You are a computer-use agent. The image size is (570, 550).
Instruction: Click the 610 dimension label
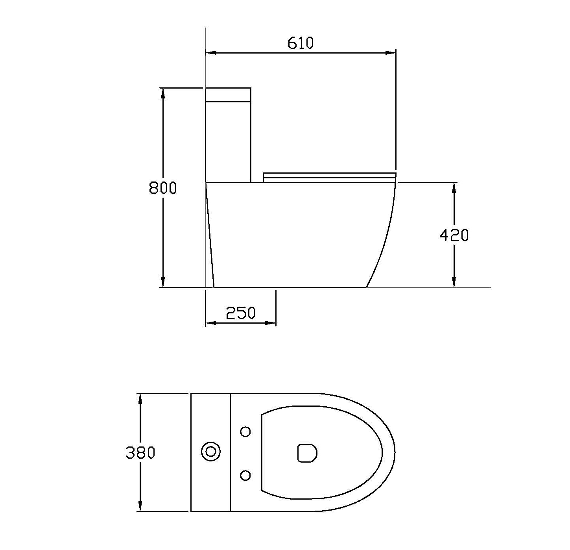[x=301, y=43]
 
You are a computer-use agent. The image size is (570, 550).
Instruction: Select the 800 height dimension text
[x=163, y=188]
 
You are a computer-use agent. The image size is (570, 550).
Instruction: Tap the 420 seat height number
[x=454, y=235]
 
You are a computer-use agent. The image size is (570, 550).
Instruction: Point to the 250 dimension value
[x=240, y=313]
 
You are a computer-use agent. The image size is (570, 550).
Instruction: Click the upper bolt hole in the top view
[x=245, y=432]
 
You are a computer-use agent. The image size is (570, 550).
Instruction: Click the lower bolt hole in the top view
[x=245, y=476]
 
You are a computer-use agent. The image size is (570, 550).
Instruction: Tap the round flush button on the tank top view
[x=211, y=452]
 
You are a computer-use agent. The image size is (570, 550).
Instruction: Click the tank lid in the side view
[x=228, y=94]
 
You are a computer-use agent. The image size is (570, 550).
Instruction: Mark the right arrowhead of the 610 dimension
[x=391, y=52]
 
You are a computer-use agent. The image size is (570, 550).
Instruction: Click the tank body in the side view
[x=228, y=142]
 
